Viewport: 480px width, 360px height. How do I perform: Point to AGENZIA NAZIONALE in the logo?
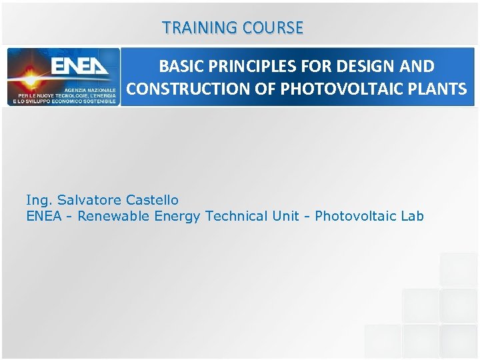coord(91,89)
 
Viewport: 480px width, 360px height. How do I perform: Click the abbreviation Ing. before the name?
coord(39,200)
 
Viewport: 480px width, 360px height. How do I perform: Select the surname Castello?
coord(152,200)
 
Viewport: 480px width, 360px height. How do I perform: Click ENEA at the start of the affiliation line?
coord(42,216)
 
